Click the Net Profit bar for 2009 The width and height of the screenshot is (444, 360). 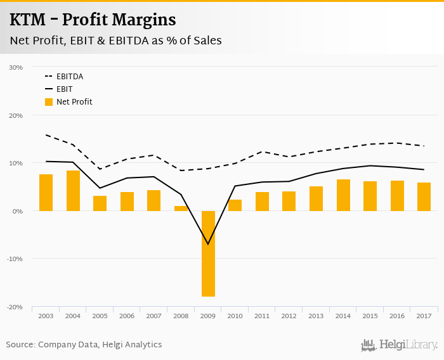(x=208, y=254)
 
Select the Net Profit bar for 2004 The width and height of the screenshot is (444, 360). (x=73, y=190)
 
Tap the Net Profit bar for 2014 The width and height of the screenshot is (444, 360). (x=343, y=195)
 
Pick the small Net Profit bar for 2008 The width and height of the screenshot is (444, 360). (x=181, y=208)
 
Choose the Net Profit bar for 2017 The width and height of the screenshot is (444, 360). (x=424, y=196)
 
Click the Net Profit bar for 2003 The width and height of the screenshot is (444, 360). (x=46, y=192)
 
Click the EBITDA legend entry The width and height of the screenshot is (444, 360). (x=70, y=77)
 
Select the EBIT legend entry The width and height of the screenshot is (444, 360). (x=64, y=89)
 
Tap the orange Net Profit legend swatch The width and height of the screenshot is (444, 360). (x=49, y=101)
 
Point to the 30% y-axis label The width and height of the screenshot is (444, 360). (x=16, y=67)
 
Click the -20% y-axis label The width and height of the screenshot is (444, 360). (x=15, y=307)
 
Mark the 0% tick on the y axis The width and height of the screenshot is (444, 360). (x=18, y=211)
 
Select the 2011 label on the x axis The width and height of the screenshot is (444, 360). (x=262, y=316)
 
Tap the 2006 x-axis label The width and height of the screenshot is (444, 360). (x=127, y=316)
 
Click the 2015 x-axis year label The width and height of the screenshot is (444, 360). (x=370, y=316)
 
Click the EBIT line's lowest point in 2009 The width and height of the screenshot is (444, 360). (x=208, y=244)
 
